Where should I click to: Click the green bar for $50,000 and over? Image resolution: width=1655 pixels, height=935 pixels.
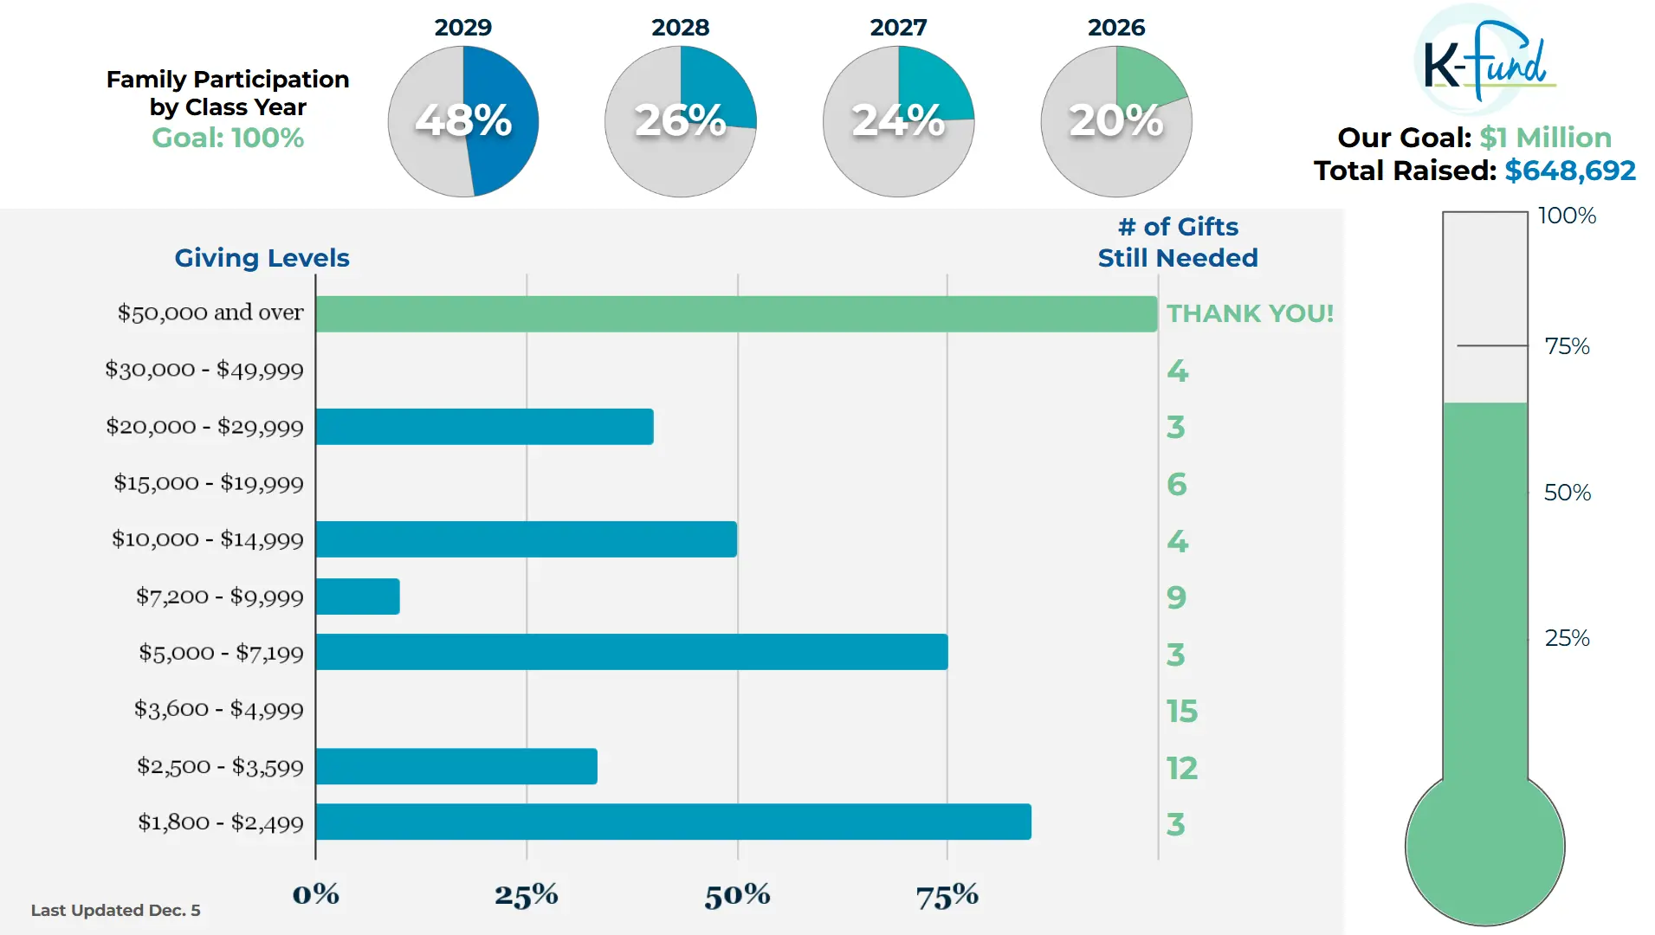pos(736,314)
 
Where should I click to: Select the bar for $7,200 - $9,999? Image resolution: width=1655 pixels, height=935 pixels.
pos(358,596)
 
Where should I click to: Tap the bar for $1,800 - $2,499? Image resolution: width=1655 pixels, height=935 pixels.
pos(673,822)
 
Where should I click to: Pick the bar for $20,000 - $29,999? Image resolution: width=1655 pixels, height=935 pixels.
pos(484,427)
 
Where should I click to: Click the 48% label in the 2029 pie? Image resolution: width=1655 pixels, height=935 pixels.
pos(463,120)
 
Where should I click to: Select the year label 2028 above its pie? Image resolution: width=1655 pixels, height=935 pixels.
pos(680,28)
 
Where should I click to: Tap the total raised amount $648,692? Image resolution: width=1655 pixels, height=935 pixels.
pos(1569,171)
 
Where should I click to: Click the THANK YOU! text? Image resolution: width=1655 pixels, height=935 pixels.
pos(1249,313)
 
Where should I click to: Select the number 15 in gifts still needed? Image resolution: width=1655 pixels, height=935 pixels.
pos(1181,712)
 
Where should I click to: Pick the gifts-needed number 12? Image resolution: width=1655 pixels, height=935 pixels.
pos(1181,768)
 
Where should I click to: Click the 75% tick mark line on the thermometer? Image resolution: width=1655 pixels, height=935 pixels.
pos(1491,345)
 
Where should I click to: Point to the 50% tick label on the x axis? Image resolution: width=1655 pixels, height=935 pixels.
pos(737,895)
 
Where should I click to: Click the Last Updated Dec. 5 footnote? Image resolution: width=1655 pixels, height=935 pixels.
pos(115,910)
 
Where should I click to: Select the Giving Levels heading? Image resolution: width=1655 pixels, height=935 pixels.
pos(262,258)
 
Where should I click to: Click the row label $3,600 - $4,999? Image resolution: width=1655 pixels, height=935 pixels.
pos(218,710)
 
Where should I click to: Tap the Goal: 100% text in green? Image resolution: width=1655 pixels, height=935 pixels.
pos(228,138)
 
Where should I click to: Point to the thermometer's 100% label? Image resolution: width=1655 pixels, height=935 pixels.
pos(1566,216)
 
